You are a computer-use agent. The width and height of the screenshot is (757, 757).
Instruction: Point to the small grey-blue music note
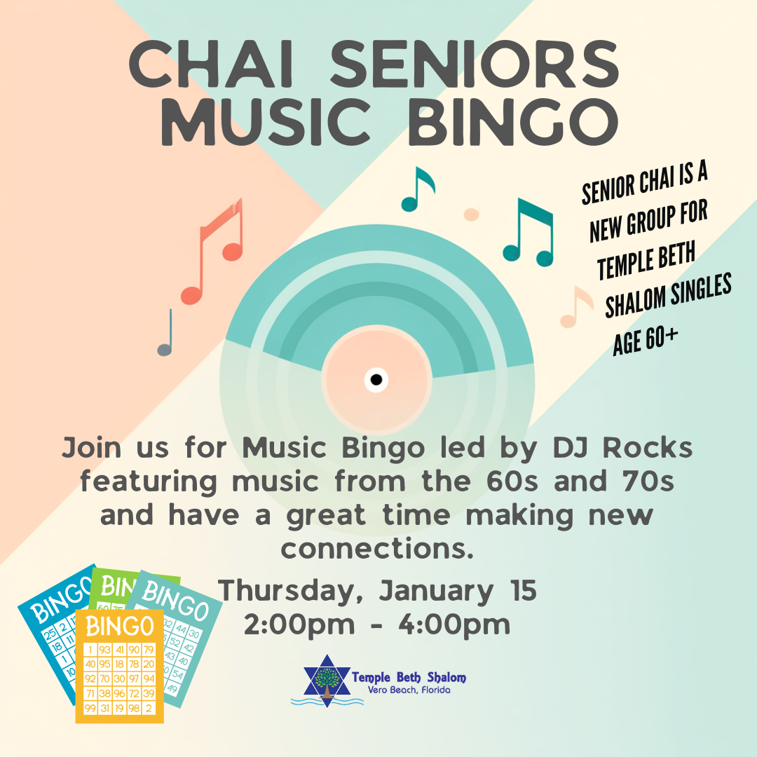pyautogui.click(x=166, y=334)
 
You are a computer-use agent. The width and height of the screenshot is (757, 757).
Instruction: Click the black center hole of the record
pyautogui.click(x=376, y=380)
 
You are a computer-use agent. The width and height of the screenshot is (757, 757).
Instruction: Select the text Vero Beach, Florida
pyautogui.click(x=409, y=690)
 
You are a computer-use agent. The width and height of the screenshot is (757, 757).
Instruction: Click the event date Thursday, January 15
pyautogui.click(x=378, y=590)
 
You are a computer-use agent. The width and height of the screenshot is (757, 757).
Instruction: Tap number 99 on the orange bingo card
pyautogui.click(x=90, y=709)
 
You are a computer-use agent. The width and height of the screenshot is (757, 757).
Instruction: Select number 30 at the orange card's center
pyautogui.click(x=119, y=678)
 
